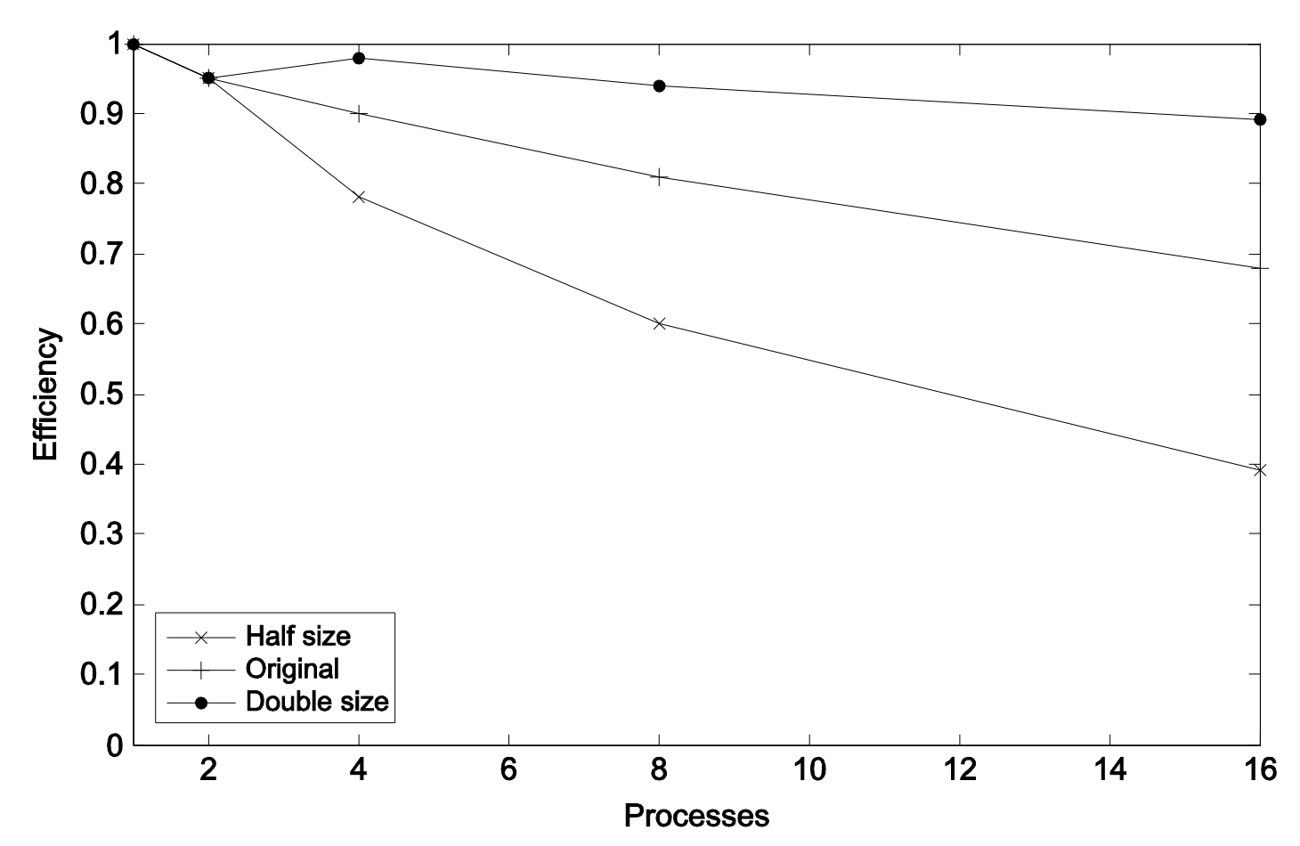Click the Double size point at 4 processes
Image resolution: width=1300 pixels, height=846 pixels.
coord(359,58)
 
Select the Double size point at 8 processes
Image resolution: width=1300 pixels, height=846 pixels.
coord(660,85)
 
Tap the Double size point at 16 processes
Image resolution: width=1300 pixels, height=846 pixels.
coord(1260,119)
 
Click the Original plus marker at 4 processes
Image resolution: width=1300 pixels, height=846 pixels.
coord(359,114)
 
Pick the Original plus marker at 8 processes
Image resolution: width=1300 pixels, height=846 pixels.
coord(660,177)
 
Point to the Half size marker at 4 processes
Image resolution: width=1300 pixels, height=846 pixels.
coord(359,197)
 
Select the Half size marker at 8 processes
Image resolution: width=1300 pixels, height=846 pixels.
coord(660,323)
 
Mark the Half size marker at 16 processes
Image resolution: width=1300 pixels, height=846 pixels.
coord(1260,469)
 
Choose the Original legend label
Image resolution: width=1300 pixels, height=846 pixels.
coord(292,669)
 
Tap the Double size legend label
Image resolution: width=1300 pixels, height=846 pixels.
coord(317,702)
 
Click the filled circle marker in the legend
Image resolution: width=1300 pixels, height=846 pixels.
coord(201,703)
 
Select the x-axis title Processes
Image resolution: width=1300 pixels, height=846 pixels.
coord(696,815)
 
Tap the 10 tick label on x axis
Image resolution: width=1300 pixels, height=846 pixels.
coord(809,770)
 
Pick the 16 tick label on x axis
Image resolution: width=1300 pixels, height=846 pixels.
coord(1259,770)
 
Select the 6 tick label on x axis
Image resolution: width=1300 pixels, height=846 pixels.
coord(508,770)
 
